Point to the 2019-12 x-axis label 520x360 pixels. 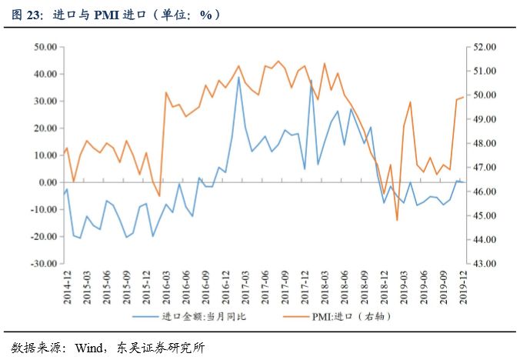[x=462, y=285]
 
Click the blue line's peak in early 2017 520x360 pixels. [x=238, y=77]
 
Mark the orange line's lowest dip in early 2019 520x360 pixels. [x=398, y=220]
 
